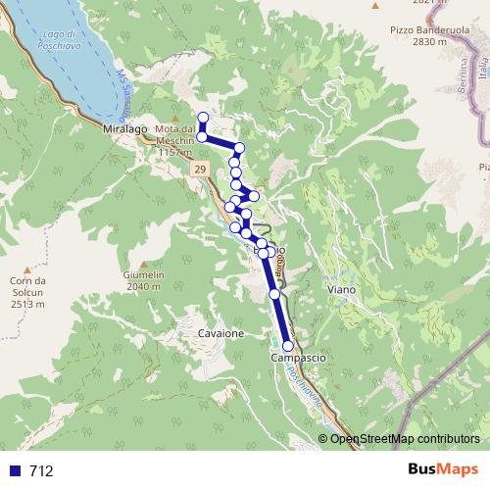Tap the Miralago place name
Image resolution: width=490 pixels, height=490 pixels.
pyautogui.click(x=123, y=128)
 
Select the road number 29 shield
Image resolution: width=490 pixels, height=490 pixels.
pyautogui.click(x=200, y=170)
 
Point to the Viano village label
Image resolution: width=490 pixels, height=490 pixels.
pyautogui.click(x=342, y=291)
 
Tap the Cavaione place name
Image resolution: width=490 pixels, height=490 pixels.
pyautogui.click(x=220, y=333)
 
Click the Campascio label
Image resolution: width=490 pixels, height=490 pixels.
pyautogui.click(x=298, y=359)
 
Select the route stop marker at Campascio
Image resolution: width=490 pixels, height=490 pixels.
pyautogui.click(x=288, y=346)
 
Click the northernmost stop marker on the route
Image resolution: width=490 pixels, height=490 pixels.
pyautogui.click(x=203, y=119)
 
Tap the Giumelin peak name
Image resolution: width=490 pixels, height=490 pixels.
pyautogui.click(x=143, y=275)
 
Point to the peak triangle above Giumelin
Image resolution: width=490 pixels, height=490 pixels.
pyautogui.click(x=143, y=265)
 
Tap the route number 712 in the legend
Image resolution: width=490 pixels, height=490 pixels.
pyautogui.click(x=41, y=471)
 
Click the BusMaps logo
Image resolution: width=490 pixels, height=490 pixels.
pyautogui.click(x=436, y=470)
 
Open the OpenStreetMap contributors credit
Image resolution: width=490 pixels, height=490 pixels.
pyautogui.click(x=404, y=438)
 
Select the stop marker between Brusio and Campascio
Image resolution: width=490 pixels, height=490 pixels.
pyautogui.click(x=274, y=293)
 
